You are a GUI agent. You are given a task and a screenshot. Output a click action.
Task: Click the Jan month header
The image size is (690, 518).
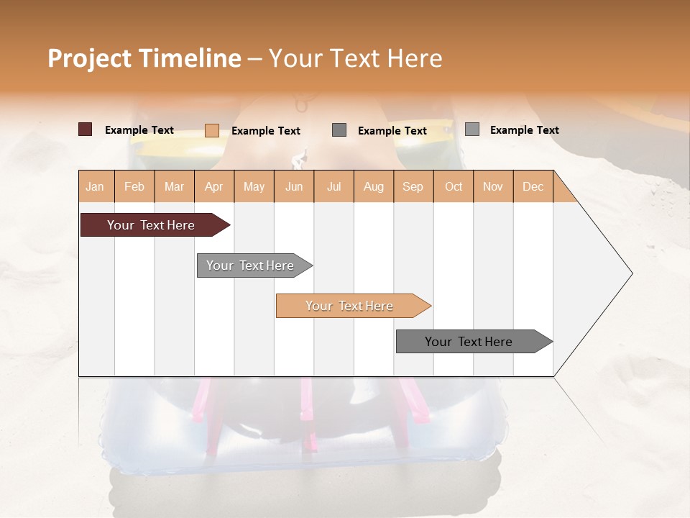(95, 186)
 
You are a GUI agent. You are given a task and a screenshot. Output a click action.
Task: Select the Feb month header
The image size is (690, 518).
(134, 186)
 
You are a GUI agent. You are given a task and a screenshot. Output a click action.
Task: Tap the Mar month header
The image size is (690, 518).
(174, 186)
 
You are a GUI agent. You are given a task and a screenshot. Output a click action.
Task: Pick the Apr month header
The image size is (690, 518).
(214, 186)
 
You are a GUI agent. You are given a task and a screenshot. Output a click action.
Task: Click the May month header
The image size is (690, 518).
(254, 186)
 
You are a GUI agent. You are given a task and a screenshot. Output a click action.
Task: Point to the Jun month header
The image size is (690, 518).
(294, 186)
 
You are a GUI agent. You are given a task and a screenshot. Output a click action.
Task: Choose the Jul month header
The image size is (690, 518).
(333, 186)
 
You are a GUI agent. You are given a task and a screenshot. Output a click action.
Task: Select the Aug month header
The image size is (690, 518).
(374, 186)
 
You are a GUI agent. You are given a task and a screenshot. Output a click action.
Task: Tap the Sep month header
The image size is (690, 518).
(413, 186)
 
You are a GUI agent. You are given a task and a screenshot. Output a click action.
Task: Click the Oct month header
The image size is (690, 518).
(454, 186)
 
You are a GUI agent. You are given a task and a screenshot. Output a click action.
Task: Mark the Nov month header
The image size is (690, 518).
(493, 186)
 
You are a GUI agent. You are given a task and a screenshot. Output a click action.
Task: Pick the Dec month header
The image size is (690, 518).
(533, 186)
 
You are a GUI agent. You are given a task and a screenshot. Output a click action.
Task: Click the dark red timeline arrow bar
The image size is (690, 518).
(152, 225)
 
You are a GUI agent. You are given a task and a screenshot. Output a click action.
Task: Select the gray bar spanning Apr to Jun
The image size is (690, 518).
(251, 265)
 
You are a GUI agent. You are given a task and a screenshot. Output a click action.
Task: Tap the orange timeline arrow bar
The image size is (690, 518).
(350, 306)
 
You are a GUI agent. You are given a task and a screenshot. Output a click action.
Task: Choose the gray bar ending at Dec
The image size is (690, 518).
(469, 342)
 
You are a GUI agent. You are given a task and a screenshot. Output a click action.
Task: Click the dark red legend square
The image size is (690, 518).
(85, 129)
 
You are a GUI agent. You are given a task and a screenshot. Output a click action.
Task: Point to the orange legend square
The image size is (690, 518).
(212, 130)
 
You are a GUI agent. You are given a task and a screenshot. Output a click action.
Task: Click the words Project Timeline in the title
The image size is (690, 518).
(144, 58)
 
